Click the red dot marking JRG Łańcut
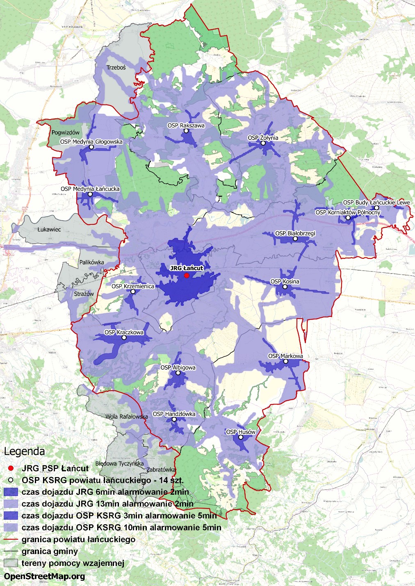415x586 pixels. [187, 275]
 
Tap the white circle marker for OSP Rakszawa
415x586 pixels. [186, 131]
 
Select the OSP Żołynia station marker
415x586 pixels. [263, 143]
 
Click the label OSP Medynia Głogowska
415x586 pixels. [91, 142]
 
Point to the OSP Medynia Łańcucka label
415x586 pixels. [90, 189]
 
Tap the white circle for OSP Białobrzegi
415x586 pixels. [295, 239]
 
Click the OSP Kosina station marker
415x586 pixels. [285, 287]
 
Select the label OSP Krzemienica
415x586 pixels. [133, 286]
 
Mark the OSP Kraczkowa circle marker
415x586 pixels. [124, 338]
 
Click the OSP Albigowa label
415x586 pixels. [178, 367]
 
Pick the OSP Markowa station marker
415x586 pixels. [286, 361]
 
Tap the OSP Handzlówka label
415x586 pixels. [174, 414]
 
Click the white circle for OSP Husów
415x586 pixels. [241, 437]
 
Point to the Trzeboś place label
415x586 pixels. [116, 68]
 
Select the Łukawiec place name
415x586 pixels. [49, 229]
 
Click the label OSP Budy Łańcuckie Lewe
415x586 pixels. [376, 202]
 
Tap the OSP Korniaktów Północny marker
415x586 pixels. [348, 217]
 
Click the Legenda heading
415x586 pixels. [24, 451]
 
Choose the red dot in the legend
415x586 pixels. [11, 468]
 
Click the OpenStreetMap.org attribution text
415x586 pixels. [44, 576]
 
